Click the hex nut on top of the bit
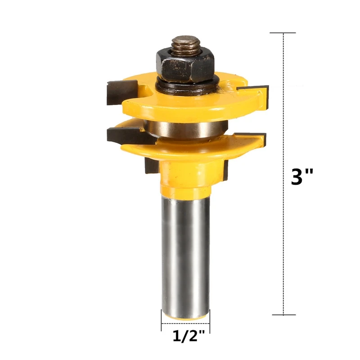coord(185,66)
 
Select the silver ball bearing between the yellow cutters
coord(186,129)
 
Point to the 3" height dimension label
coord(302,177)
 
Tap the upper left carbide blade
coord(121,92)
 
